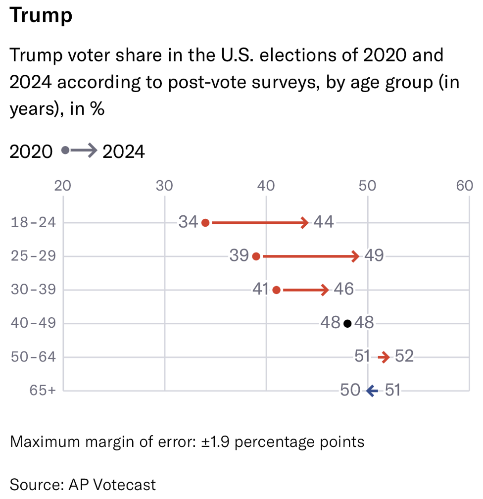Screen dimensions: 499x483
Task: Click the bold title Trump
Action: point(41,15)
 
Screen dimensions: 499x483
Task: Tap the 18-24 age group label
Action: point(34,222)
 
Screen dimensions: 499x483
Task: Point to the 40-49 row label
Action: point(34,323)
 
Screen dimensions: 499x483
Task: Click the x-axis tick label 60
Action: point(465,186)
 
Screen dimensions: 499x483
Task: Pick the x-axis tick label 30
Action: point(164,186)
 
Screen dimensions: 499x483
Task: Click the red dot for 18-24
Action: point(205,223)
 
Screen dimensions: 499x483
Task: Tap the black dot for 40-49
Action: point(347,324)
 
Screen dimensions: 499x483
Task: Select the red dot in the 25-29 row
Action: point(256,256)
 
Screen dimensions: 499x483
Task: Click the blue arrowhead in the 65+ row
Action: point(370,391)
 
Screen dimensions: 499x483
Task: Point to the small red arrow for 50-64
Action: point(384,357)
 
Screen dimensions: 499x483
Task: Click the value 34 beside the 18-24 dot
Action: point(189,222)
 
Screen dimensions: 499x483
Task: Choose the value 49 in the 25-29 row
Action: point(374,256)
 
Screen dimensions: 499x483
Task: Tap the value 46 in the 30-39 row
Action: point(343,290)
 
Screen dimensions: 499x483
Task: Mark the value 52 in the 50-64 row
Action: point(404,357)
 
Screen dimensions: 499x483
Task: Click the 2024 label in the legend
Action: point(124,151)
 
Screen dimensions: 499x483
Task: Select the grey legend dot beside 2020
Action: point(65,150)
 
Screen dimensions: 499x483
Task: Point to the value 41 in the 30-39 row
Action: point(260,290)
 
